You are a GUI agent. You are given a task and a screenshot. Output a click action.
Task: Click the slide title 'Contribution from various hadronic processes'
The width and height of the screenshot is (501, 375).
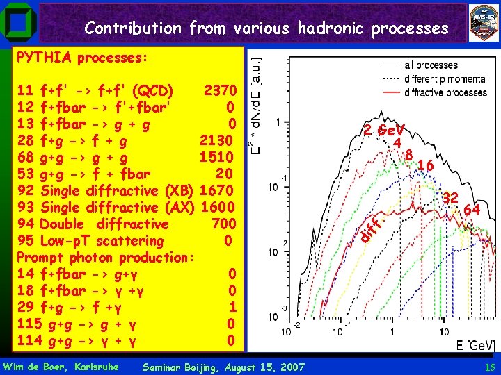click(267, 28)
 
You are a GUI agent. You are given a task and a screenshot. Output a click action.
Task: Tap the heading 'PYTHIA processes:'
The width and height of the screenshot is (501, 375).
click(81, 58)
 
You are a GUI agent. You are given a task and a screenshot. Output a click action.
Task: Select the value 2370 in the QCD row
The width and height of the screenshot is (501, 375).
click(221, 91)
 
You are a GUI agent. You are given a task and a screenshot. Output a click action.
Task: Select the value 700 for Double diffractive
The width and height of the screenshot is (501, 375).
click(223, 224)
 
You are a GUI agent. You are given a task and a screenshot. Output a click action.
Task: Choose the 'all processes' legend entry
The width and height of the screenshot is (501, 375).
click(431, 65)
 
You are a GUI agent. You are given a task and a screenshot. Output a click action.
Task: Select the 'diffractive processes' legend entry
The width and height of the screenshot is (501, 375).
click(445, 92)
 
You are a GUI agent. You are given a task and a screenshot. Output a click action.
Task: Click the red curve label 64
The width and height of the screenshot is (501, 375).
click(471, 209)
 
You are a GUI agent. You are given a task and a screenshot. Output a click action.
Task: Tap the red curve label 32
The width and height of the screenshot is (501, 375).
click(450, 198)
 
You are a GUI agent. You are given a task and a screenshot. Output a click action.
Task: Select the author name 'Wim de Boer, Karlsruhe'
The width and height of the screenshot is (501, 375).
click(61, 367)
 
